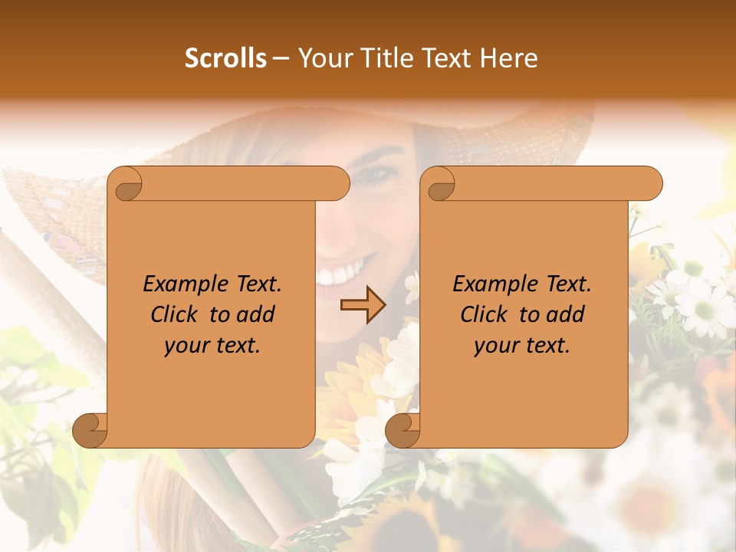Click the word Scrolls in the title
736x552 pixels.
[x=225, y=58]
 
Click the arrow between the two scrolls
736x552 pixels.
[x=363, y=305]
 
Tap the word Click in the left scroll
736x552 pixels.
[x=167, y=314]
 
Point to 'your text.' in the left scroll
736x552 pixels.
[x=212, y=346]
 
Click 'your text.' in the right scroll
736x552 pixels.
[x=522, y=346]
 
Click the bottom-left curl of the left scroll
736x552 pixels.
[x=90, y=430]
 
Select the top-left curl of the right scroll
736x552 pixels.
[x=439, y=185]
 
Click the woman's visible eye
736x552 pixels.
[x=375, y=176]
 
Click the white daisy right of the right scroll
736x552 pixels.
[x=701, y=307]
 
